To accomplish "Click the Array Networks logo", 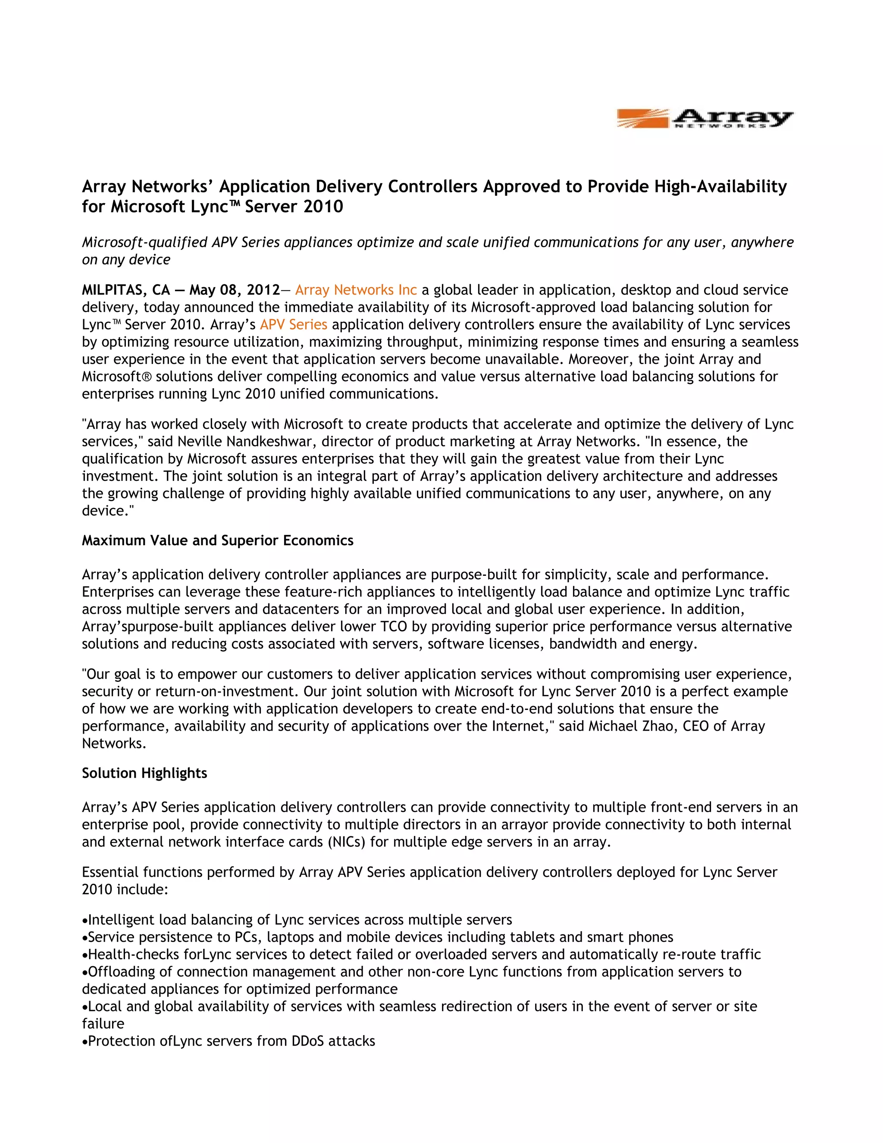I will click(x=705, y=119).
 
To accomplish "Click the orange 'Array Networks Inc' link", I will click(x=356, y=290).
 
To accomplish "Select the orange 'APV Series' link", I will click(x=294, y=324).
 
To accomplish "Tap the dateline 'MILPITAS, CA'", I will click(x=125, y=290).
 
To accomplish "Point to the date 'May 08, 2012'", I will click(x=235, y=290).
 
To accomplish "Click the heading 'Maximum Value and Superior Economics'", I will click(x=218, y=540).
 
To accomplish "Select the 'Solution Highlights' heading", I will click(x=144, y=773).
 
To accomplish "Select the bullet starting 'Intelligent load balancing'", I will click(x=300, y=920).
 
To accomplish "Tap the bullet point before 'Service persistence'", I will click(x=85, y=938).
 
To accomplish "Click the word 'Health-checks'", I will click(x=133, y=955).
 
